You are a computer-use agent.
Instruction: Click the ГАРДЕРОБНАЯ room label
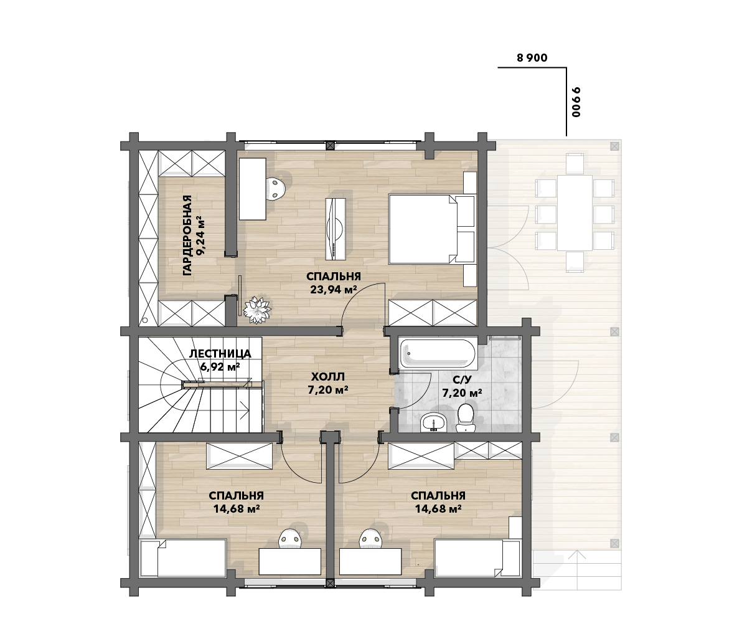(x=188, y=235)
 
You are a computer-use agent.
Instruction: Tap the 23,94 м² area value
(x=333, y=290)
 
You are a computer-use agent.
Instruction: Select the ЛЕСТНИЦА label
(x=220, y=354)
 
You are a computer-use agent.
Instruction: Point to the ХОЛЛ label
(x=328, y=377)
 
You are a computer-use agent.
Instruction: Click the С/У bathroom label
(x=462, y=379)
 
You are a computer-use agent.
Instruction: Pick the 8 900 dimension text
(x=532, y=58)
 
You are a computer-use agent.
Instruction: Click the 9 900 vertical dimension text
(x=575, y=102)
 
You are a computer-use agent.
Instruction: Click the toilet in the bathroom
(x=466, y=418)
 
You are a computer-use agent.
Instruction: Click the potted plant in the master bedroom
(x=256, y=310)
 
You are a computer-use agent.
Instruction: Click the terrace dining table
(x=575, y=212)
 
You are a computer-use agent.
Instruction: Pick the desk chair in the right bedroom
(x=371, y=539)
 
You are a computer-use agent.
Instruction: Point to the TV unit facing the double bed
(x=336, y=228)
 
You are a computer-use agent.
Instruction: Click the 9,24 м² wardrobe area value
(x=200, y=235)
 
